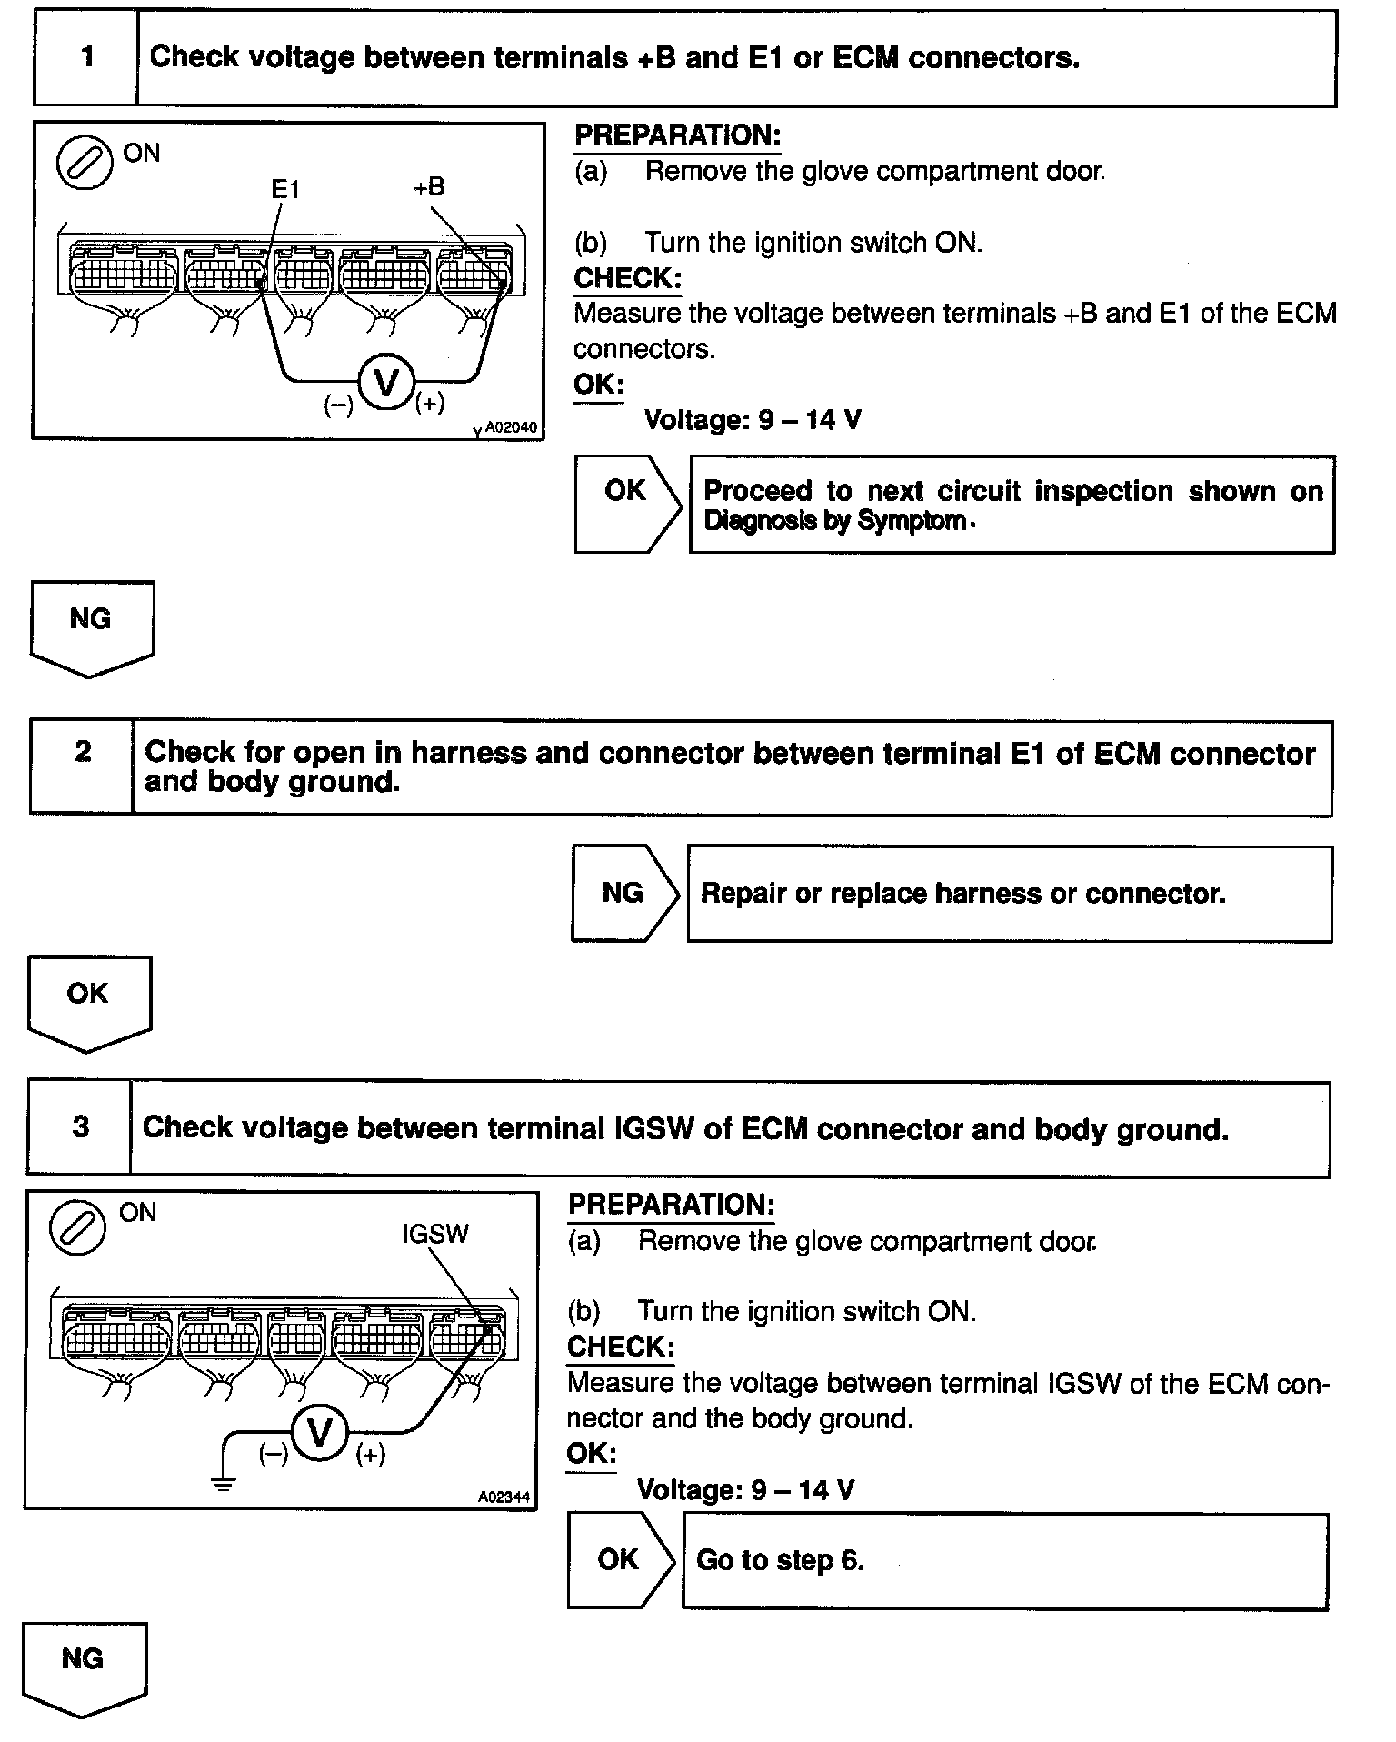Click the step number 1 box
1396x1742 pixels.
(x=86, y=57)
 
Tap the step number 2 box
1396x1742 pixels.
(x=82, y=766)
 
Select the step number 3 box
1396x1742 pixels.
(x=80, y=1127)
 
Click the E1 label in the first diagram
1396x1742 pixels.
(x=285, y=189)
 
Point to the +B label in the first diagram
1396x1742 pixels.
(x=428, y=187)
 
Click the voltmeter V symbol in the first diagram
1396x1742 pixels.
(x=386, y=383)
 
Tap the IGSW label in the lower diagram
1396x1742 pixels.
(x=435, y=1234)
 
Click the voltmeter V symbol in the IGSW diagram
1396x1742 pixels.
(x=319, y=1434)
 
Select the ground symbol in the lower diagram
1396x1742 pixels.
(x=223, y=1484)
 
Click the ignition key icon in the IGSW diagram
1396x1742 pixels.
(x=78, y=1226)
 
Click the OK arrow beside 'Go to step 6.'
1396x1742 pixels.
(x=621, y=1560)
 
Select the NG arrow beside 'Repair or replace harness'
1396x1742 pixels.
(x=624, y=894)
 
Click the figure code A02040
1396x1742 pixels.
(x=510, y=427)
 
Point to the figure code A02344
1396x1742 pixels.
(x=504, y=1497)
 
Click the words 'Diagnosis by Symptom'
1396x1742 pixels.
(x=834, y=522)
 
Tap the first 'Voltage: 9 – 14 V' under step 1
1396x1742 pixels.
(x=753, y=420)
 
